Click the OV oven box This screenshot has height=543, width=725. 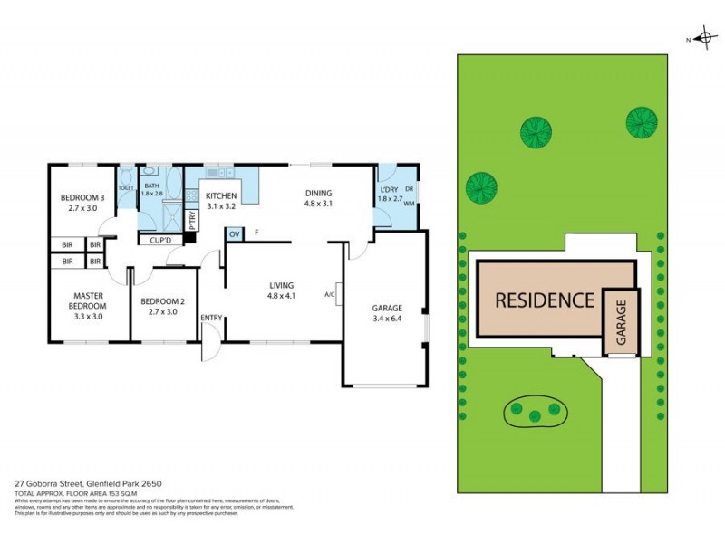(x=235, y=234)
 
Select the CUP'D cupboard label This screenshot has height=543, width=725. (x=159, y=240)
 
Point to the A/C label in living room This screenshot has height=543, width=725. (x=330, y=294)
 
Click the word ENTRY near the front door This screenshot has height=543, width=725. (x=211, y=318)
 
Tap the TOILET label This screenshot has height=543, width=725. (x=126, y=188)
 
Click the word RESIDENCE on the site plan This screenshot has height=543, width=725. (x=544, y=300)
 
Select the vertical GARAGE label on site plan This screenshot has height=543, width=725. (x=623, y=324)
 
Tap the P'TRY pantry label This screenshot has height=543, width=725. (x=192, y=219)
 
